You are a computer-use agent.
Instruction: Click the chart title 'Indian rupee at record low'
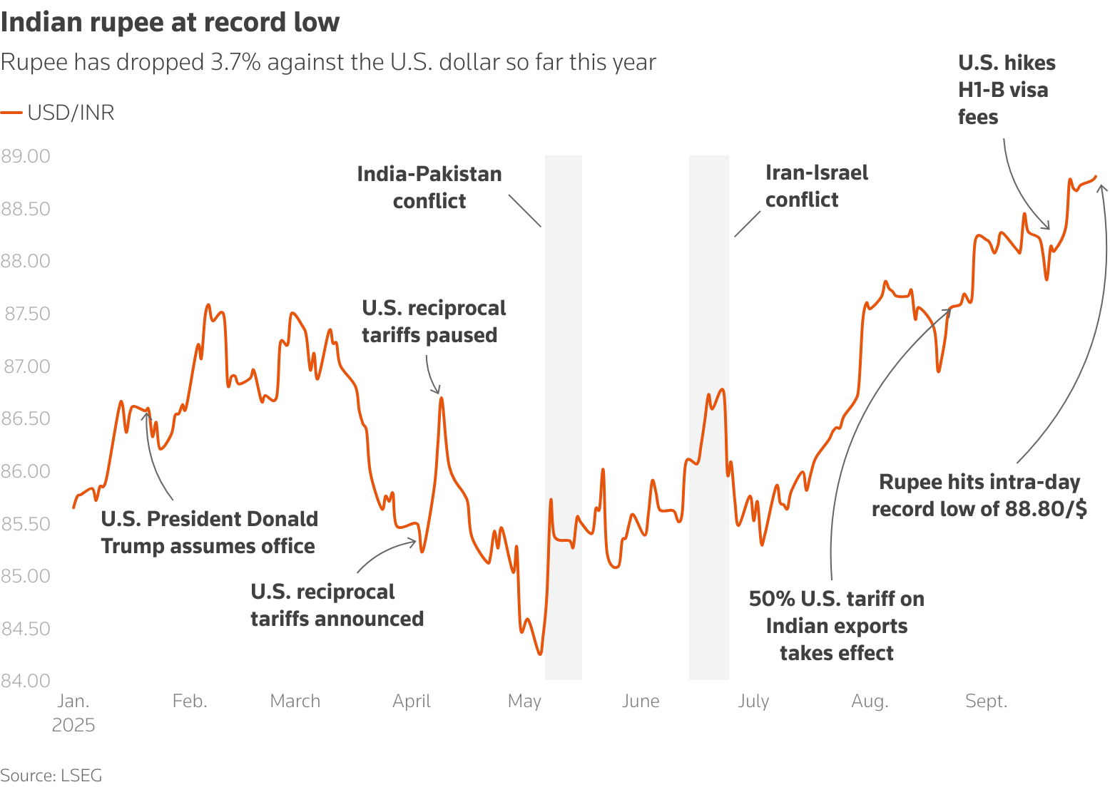(x=170, y=22)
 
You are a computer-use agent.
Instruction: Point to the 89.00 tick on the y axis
(x=26, y=156)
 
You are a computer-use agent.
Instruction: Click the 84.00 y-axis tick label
(x=26, y=681)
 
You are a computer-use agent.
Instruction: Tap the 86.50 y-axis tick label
(x=26, y=418)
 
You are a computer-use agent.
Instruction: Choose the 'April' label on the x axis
(x=412, y=701)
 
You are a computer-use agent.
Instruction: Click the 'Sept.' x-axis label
(x=986, y=701)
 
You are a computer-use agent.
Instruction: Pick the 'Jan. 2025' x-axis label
(x=73, y=713)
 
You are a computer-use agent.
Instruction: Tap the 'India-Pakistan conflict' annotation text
(x=429, y=187)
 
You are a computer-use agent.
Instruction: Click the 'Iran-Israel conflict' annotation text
(x=816, y=186)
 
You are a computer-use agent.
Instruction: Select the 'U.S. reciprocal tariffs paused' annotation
(x=433, y=322)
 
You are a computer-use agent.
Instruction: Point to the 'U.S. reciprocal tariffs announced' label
(x=337, y=605)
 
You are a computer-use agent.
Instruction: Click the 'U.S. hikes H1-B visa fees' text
(x=1006, y=90)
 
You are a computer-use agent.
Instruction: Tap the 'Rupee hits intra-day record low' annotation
(x=979, y=495)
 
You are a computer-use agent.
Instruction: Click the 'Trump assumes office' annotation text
(x=209, y=533)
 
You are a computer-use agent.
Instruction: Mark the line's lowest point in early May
(x=540, y=654)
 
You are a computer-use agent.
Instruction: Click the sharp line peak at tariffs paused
(x=442, y=398)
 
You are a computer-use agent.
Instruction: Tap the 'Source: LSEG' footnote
(x=51, y=775)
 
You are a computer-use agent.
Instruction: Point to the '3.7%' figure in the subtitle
(x=233, y=63)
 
